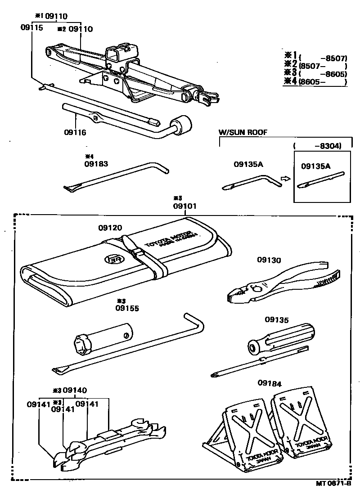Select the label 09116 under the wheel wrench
coord(75,133)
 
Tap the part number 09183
coord(96,164)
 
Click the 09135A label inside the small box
coord(315,166)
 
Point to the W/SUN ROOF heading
coord(243,132)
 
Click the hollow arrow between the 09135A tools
coord(284,179)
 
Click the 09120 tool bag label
coord(110,228)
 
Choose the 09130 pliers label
coord(269,260)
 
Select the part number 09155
coord(127,308)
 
